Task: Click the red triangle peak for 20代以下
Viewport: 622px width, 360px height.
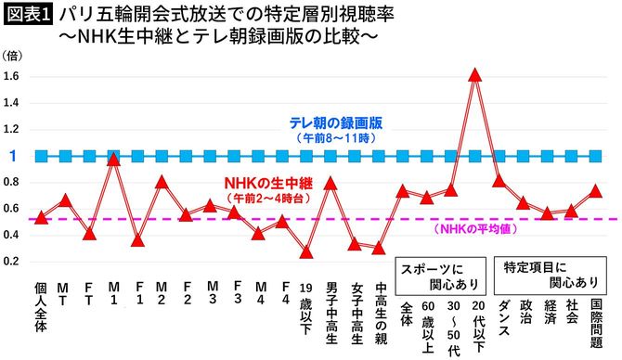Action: click(x=475, y=74)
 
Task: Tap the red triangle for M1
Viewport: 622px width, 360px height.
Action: click(x=113, y=159)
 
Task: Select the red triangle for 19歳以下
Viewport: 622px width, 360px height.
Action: click(x=306, y=251)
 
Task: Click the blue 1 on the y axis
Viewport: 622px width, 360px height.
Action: click(x=13, y=156)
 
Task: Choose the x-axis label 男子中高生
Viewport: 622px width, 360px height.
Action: click(x=331, y=315)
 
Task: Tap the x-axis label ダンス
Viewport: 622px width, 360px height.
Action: click(x=500, y=315)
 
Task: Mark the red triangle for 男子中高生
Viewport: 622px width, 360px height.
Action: click(x=330, y=182)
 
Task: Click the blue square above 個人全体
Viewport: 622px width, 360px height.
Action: click(x=41, y=156)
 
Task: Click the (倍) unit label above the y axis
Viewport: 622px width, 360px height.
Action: click(x=15, y=57)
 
